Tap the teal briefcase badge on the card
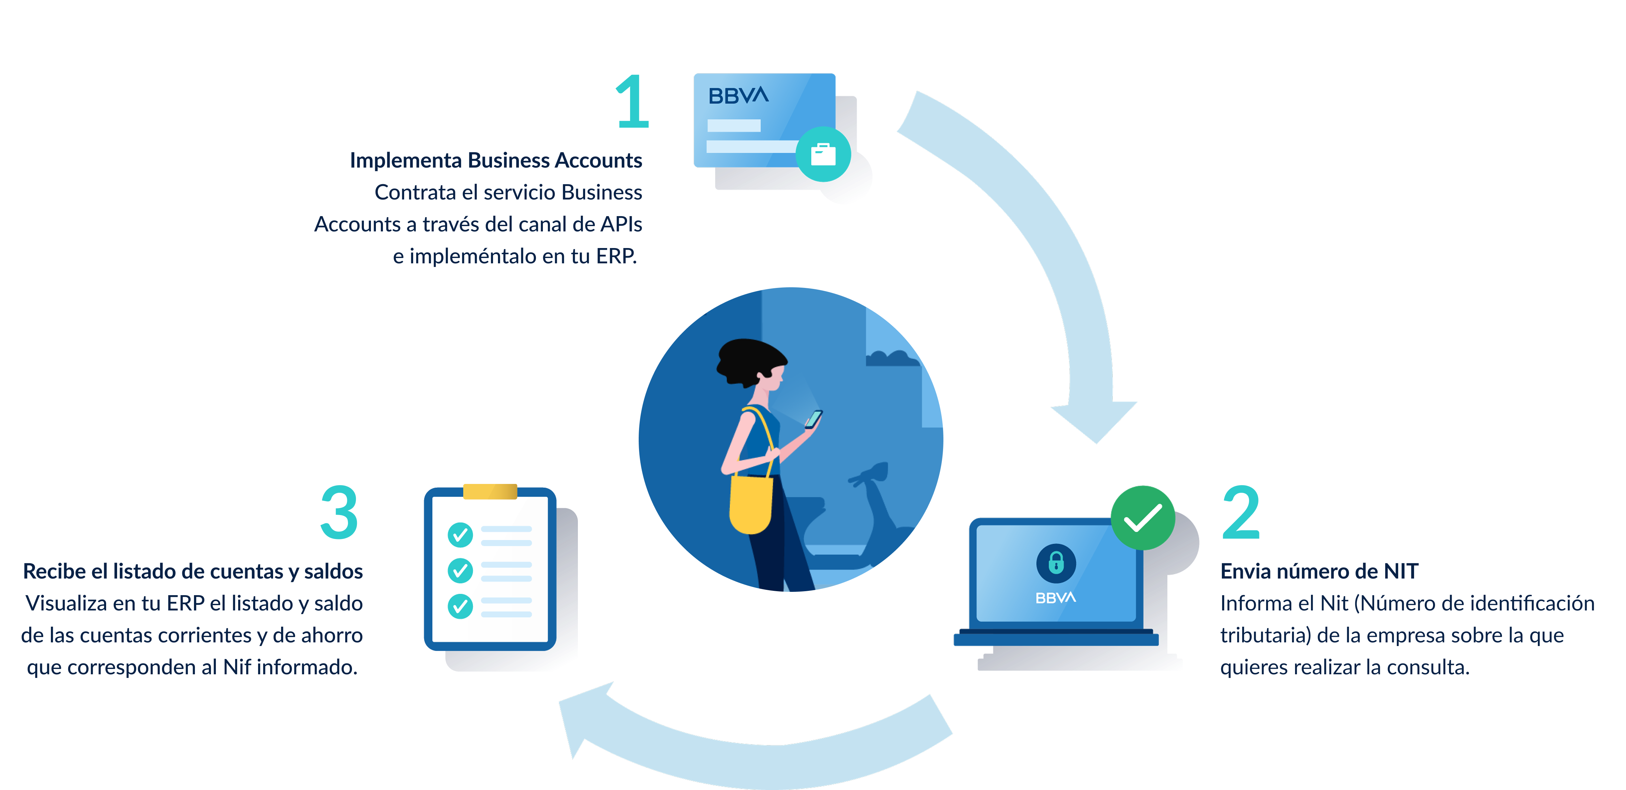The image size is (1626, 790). point(823,154)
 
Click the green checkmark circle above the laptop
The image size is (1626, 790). point(1143,517)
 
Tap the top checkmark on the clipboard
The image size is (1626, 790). point(460,535)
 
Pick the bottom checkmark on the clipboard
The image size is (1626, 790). point(460,606)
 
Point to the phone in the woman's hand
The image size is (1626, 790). point(814,418)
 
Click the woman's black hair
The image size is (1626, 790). point(748,360)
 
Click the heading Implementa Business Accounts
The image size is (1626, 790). point(496,160)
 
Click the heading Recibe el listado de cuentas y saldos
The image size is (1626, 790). point(193,571)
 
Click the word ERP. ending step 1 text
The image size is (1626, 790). point(616,256)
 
